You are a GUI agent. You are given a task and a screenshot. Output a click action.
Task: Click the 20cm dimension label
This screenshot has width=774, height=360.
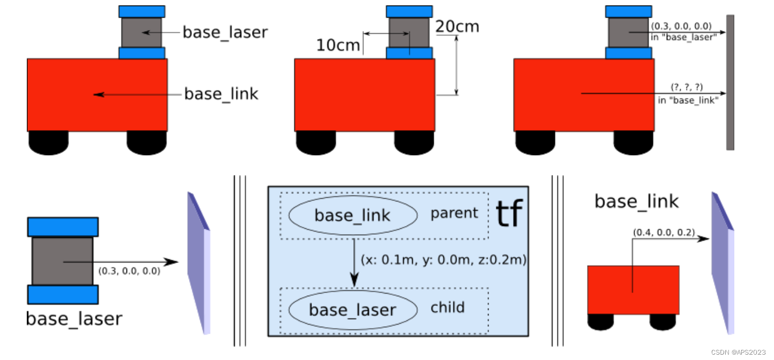[x=457, y=26]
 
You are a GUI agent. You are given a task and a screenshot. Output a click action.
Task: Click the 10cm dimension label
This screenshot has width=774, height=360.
[x=338, y=45]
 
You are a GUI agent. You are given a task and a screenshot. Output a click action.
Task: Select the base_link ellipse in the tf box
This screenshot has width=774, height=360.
[x=353, y=215]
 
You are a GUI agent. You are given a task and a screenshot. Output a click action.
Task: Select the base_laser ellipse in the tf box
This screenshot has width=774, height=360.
[x=353, y=310]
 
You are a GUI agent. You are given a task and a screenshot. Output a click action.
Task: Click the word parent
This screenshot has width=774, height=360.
[x=454, y=213]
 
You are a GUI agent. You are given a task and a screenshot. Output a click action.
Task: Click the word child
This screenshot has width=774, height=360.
[x=448, y=308]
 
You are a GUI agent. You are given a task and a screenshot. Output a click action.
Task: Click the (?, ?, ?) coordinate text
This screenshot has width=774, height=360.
[x=687, y=87]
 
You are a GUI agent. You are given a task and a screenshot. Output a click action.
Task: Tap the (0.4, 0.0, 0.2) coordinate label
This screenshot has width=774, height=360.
[x=664, y=232]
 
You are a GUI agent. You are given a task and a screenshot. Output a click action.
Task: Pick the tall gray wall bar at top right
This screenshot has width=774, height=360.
[x=730, y=82]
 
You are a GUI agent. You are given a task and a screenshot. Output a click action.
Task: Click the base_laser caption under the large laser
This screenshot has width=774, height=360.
[x=74, y=319]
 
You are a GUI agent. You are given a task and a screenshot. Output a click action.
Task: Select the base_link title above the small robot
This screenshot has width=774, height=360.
[x=636, y=201]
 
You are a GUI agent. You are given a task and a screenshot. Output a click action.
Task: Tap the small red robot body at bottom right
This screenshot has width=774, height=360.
[x=633, y=289]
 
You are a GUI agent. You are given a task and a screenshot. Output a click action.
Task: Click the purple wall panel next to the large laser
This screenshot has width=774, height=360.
[x=198, y=262]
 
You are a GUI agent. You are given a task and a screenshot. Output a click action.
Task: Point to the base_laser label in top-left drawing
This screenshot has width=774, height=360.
[x=225, y=32]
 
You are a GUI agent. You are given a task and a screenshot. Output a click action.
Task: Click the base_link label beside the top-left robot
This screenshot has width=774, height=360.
[x=221, y=94]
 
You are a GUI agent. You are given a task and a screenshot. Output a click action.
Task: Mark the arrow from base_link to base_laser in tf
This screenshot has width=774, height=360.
[x=354, y=262]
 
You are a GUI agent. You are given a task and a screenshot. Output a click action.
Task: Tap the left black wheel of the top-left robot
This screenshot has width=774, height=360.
[x=48, y=141]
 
